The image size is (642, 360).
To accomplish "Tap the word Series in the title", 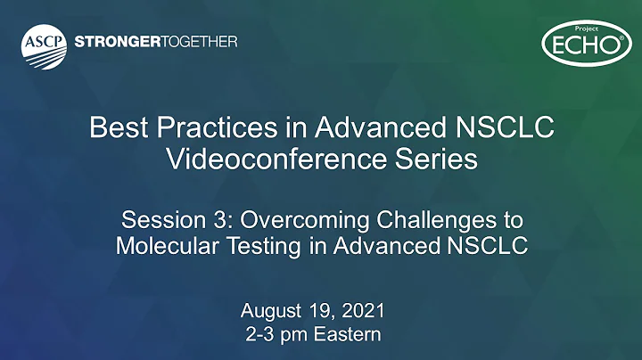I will tap(432, 160).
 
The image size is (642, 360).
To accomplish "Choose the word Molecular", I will tap(166, 245).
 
